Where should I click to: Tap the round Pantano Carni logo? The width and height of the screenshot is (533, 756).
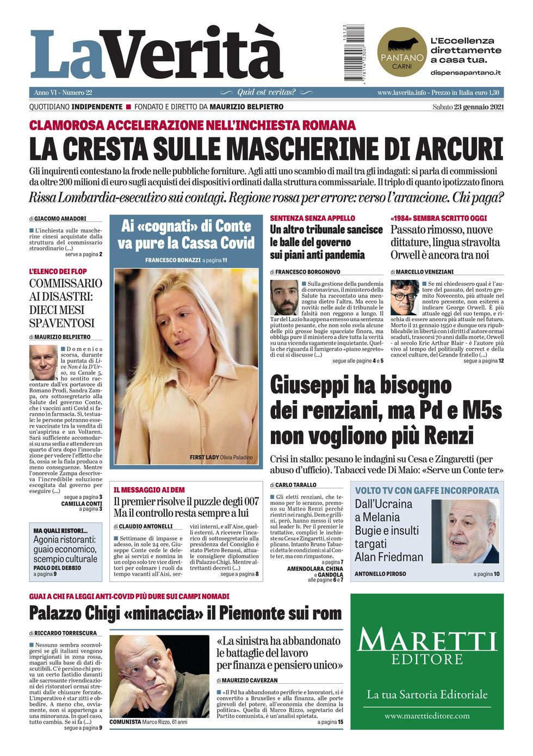[402, 52]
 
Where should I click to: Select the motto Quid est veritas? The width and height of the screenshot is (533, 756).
[266, 92]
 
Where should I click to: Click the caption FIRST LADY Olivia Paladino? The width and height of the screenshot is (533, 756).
[221, 457]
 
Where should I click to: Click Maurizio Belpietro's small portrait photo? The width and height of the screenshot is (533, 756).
[43, 363]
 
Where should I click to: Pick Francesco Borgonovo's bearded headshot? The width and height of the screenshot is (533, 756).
[284, 297]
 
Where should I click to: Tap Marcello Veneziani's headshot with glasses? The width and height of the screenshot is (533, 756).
[404, 297]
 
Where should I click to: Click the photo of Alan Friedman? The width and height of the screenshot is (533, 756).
[466, 531]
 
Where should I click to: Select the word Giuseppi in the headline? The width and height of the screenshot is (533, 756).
[307, 385]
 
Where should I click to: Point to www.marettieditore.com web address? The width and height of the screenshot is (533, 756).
[427, 716]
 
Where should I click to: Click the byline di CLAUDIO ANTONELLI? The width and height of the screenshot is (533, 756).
[143, 527]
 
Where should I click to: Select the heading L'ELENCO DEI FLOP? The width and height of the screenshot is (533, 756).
[58, 271]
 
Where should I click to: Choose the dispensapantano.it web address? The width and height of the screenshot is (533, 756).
[466, 72]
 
